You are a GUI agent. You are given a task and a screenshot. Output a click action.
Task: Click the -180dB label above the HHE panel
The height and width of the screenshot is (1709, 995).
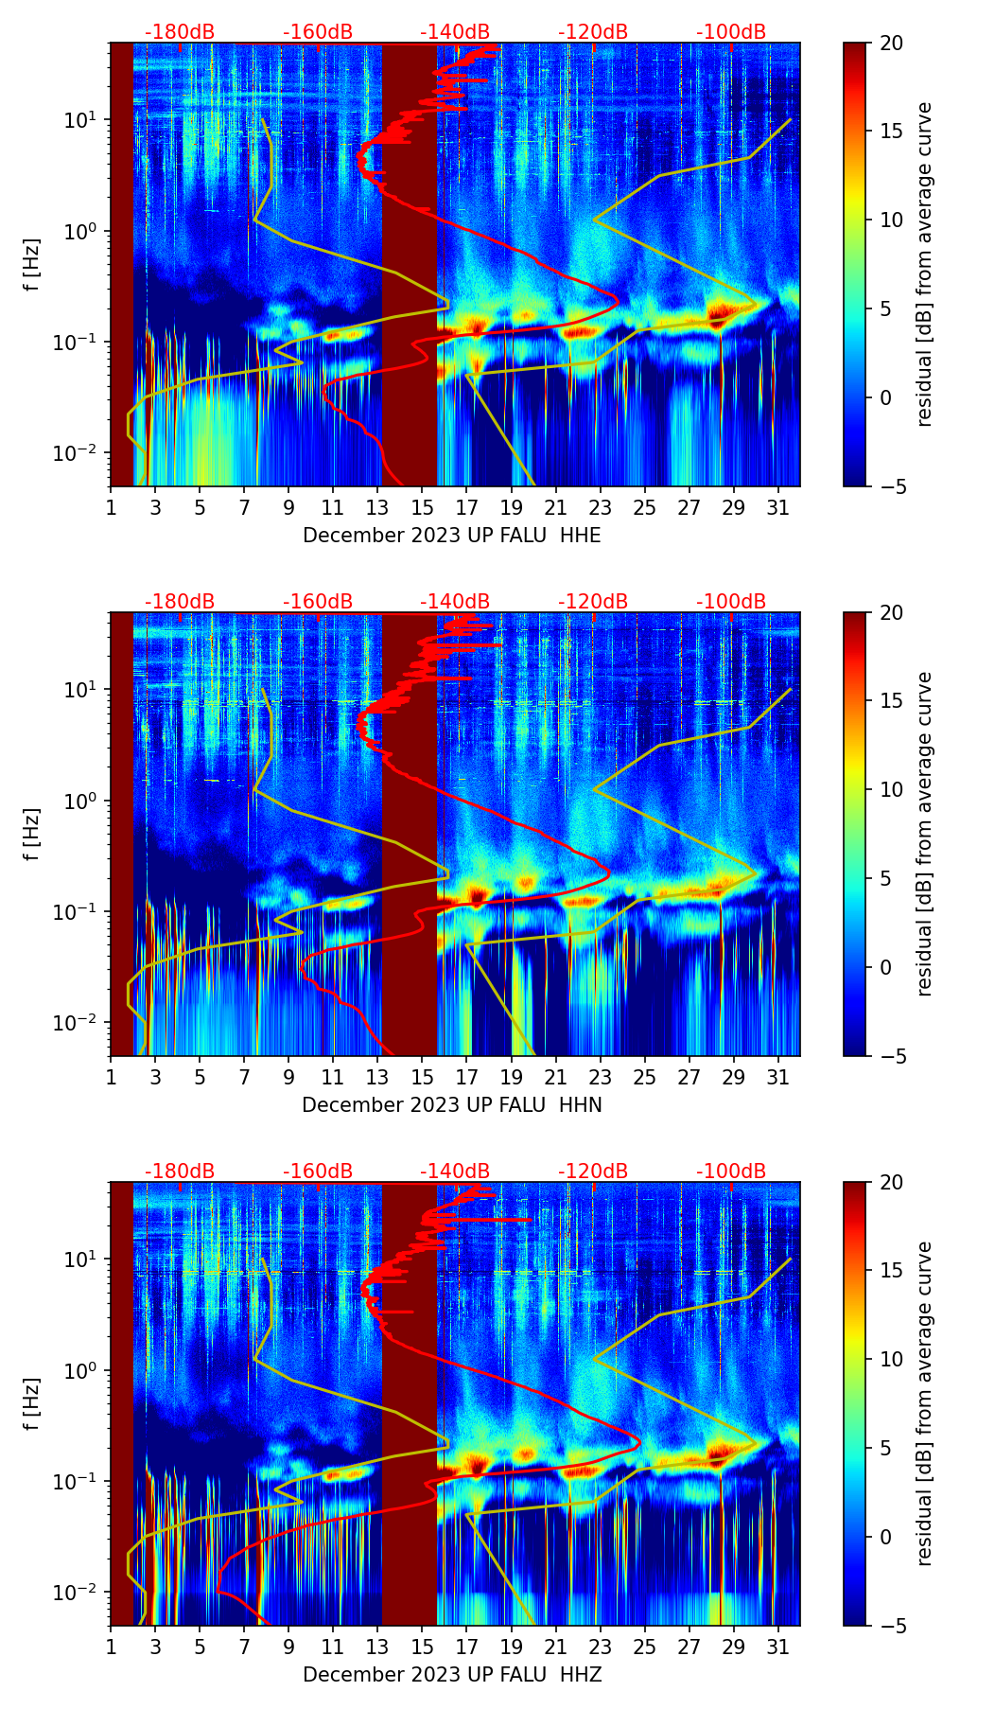point(180,32)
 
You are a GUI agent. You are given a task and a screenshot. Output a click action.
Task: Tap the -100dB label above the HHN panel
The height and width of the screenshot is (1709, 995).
point(731,602)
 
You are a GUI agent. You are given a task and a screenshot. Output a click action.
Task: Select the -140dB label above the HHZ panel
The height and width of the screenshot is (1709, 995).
point(455,1172)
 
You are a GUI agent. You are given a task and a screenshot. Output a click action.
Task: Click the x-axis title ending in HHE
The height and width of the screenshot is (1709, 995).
point(452,536)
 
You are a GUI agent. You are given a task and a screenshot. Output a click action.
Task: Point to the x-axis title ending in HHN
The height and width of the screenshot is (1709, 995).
point(452,1105)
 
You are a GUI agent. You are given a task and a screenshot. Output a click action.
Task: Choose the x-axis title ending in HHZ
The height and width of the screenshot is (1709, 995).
point(452,1675)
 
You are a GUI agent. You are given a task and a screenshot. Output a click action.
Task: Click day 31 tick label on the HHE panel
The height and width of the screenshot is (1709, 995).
point(778,508)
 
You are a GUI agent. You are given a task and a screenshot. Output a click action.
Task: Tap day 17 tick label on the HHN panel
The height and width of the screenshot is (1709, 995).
point(467,1078)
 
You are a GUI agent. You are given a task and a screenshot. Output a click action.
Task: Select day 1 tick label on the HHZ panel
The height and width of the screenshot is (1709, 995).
point(111,1647)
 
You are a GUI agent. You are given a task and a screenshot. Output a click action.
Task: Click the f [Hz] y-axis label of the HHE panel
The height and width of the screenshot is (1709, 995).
point(32,265)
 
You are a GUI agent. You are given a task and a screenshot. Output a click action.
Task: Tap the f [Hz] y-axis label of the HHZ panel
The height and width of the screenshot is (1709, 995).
point(32,1404)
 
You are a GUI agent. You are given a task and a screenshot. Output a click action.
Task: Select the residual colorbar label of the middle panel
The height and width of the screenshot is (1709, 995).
point(925,834)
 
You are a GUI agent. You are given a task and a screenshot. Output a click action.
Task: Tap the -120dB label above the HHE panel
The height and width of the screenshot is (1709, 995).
point(593,32)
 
